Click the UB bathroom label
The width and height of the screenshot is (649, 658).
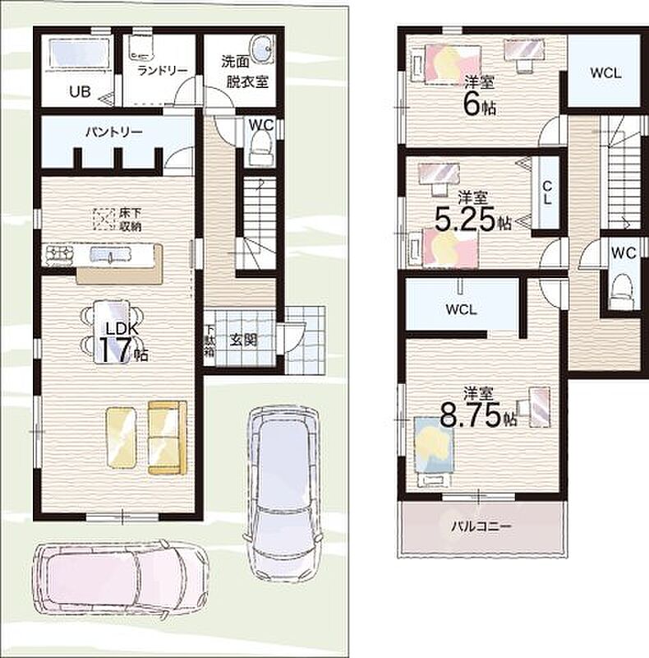click(x=80, y=91)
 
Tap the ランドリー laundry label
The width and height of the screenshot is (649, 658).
click(x=163, y=71)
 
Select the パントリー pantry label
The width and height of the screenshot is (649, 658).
click(x=114, y=132)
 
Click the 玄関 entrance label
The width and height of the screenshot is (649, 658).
click(x=243, y=340)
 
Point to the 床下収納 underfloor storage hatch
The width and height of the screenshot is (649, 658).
click(x=104, y=220)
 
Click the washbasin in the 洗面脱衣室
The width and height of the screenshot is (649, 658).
click(x=263, y=49)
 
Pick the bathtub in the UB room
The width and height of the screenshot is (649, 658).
click(x=80, y=53)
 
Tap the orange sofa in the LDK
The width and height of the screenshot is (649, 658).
click(x=168, y=438)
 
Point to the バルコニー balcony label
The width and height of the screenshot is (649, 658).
click(x=481, y=526)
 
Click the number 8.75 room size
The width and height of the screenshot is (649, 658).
click(x=471, y=415)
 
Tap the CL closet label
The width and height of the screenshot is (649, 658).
click(x=546, y=192)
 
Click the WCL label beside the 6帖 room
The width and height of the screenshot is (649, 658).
click(x=605, y=73)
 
